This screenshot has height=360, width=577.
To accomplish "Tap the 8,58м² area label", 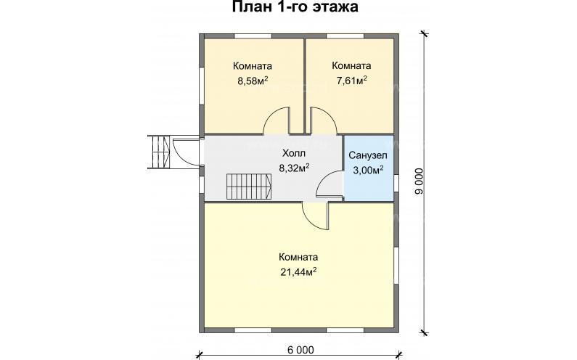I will tap(253, 81).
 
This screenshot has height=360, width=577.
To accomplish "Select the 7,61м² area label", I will tap(350, 81).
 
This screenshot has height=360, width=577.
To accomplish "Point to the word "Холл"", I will tap(294, 154).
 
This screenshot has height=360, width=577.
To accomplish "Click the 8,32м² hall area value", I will tap(294, 168).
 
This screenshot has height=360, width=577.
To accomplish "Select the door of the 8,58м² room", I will tap(277, 122).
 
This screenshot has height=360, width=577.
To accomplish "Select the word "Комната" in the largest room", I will tap(298, 257).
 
